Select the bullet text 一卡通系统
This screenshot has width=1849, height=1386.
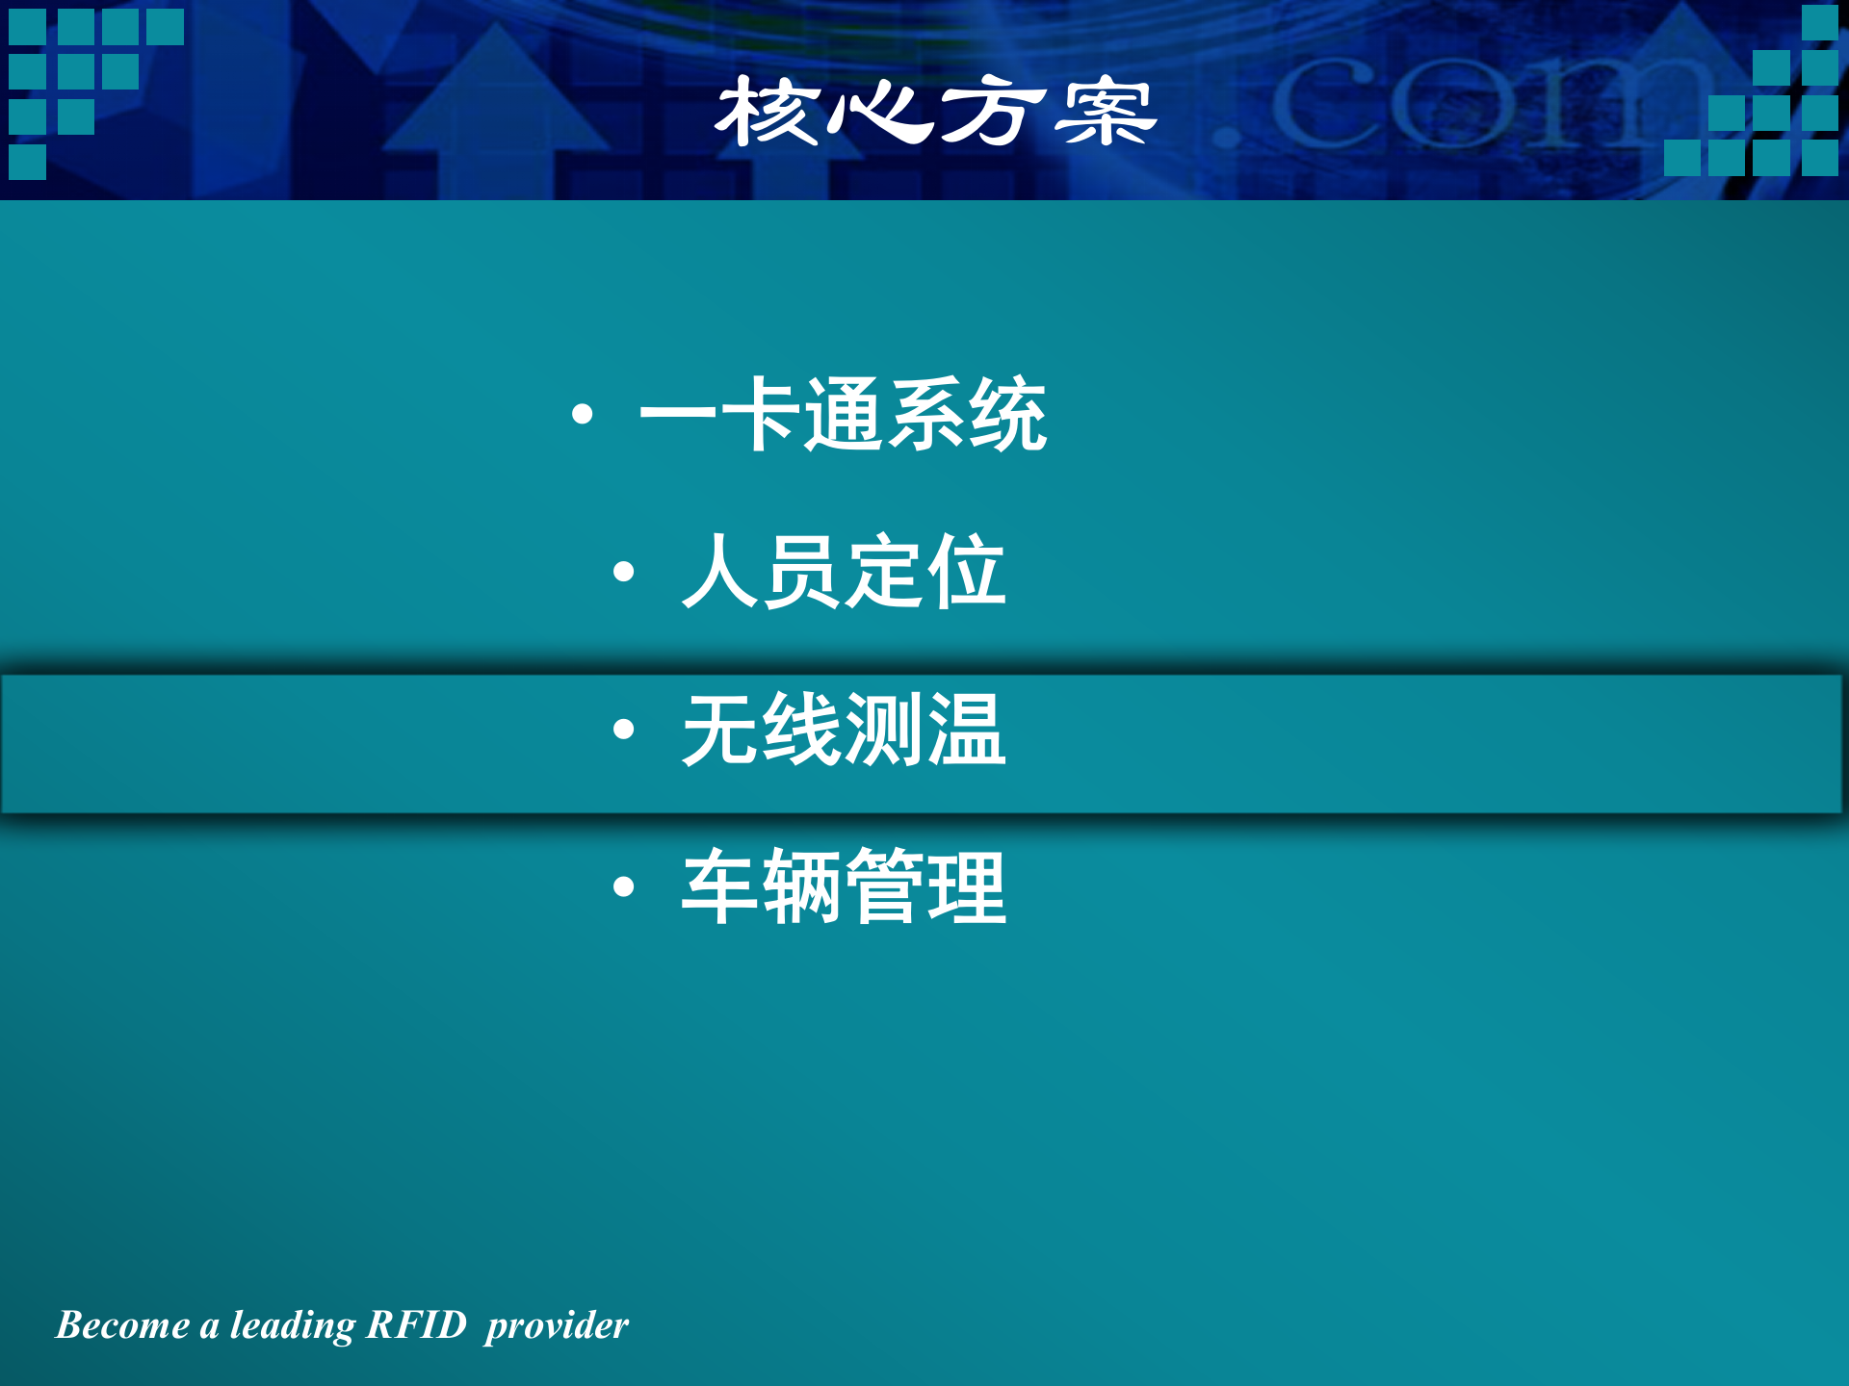[x=843, y=415]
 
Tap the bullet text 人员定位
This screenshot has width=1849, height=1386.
[x=843, y=572]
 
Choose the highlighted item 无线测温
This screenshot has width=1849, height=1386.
[x=843, y=730]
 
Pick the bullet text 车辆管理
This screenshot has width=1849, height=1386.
[x=843, y=886]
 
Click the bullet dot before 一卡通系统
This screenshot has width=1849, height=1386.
[x=582, y=415]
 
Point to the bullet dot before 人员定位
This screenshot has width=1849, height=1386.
[x=623, y=573]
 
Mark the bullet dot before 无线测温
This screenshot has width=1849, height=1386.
[x=623, y=730]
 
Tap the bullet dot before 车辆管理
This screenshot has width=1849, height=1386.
[x=623, y=886]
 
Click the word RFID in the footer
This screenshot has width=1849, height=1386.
[x=417, y=1325]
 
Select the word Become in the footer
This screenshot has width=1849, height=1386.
[x=122, y=1325]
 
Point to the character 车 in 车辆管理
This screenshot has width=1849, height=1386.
[x=721, y=886]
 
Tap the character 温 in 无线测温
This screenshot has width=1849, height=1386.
[x=966, y=730]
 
